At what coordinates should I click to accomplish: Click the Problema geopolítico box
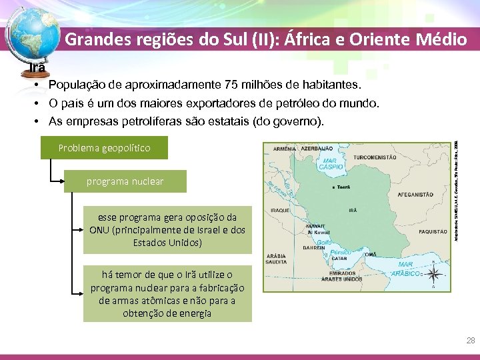tap(104, 147)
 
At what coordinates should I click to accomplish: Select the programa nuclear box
tap(125, 181)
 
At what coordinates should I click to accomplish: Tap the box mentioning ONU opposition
tap(167, 230)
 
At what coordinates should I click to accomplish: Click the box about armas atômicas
tap(167, 294)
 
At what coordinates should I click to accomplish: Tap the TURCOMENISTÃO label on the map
tap(375, 157)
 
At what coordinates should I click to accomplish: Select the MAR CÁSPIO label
tap(329, 164)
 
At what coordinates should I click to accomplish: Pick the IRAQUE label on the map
tap(280, 209)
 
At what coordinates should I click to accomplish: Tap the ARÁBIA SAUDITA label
tap(277, 259)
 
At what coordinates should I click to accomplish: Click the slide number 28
tap(471, 341)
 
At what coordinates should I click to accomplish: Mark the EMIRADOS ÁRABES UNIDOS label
tap(343, 275)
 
